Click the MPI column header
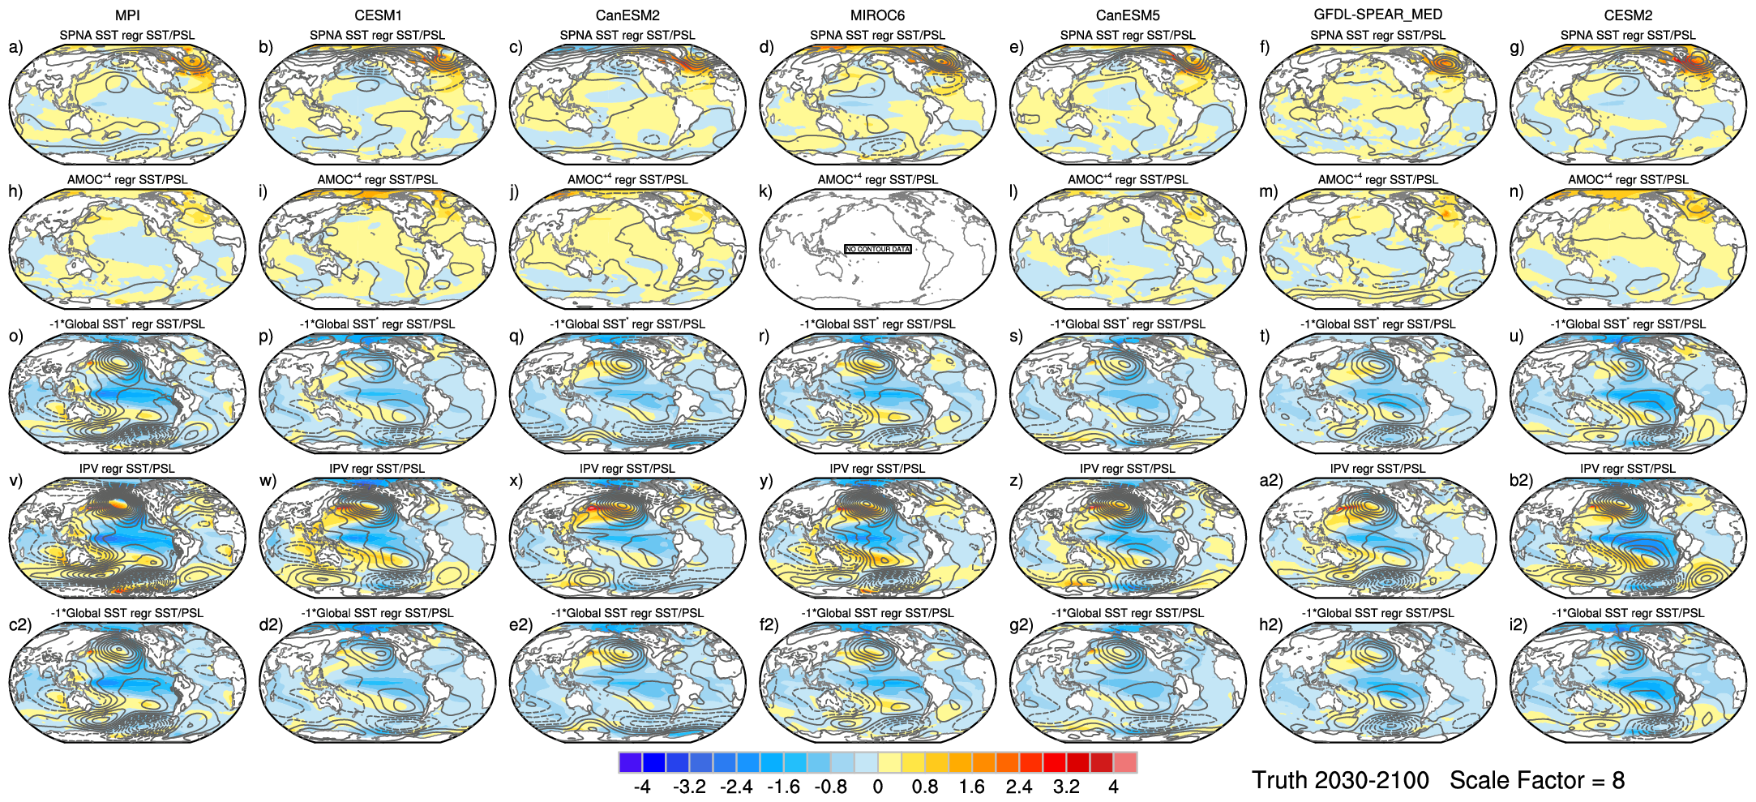pyautogui.click(x=127, y=15)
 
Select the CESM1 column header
pyautogui.click(x=378, y=15)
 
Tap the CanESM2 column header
pyautogui.click(x=627, y=15)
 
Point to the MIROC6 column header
pyautogui.click(x=877, y=15)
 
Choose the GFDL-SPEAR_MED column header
pyautogui.click(x=1377, y=15)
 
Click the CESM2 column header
pyautogui.click(x=1628, y=15)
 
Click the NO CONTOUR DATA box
pyautogui.click(x=877, y=249)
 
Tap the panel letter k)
pyautogui.click(x=765, y=191)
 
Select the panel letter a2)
pyautogui.click(x=1270, y=480)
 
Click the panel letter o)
pyautogui.click(x=16, y=336)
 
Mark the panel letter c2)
pyautogui.click(x=20, y=624)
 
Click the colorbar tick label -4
pyautogui.click(x=641, y=787)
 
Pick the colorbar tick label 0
pyautogui.click(x=878, y=787)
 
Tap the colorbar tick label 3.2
pyautogui.click(x=1066, y=787)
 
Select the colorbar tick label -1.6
pyautogui.click(x=783, y=787)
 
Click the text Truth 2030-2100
pyautogui.click(x=1340, y=780)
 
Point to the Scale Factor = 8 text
pyautogui.click(x=1537, y=780)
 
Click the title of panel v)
pyautogui.click(x=127, y=469)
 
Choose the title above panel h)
pyautogui.click(x=127, y=180)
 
